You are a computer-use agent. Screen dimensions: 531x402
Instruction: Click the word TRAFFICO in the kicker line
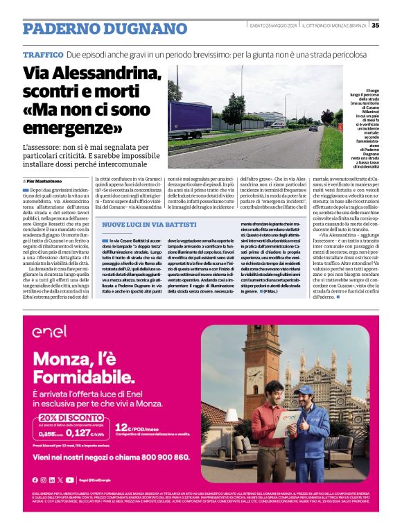click(x=43, y=54)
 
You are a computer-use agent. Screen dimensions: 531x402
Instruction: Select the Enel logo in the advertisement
click(x=49, y=331)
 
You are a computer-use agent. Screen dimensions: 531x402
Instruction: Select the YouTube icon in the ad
click(x=70, y=480)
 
